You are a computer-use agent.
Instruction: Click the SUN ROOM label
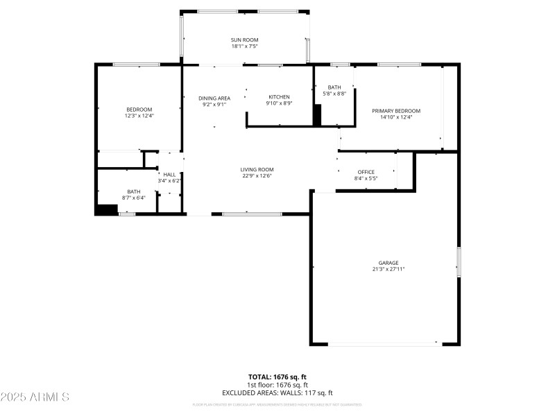click(244, 40)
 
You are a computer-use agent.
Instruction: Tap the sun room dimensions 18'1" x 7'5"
click(244, 47)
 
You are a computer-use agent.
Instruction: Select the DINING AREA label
click(214, 98)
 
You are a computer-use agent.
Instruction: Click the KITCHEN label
click(280, 97)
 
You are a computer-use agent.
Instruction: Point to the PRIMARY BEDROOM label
click(396, 111)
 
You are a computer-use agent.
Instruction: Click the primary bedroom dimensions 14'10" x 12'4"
click(396, 118)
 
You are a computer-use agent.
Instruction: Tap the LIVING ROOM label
click(257, 170)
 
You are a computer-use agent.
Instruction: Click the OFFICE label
click(366, 172)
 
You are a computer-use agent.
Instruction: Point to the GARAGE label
click(388, 263)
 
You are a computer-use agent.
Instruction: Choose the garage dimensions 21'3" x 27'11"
click(388, 269)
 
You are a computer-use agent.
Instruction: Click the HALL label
click(169, 175)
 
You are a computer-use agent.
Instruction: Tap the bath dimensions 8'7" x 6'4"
click(134, 198)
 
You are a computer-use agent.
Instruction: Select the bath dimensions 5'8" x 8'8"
click(334, 94)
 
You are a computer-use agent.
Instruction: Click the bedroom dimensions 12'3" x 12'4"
click(139, 116)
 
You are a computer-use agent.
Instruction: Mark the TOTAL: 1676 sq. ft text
click(277, 377)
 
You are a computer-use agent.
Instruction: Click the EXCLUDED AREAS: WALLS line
click(277, 392)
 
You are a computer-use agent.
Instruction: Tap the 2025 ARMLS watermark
click(35, 397)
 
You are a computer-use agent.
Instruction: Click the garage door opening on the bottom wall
click(384, 343)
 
